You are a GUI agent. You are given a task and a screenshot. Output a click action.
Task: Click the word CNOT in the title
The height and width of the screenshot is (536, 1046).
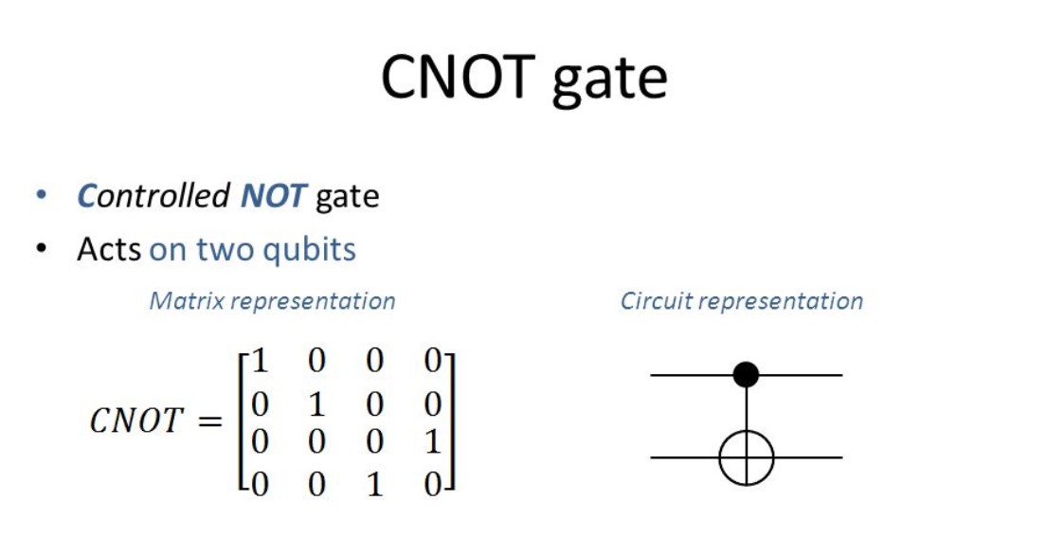pos(456,79)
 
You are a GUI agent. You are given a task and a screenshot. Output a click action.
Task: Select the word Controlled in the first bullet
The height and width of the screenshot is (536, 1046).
pos(153,196)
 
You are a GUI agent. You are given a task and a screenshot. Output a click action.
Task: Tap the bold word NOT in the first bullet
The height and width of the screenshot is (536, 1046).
pos(273,196)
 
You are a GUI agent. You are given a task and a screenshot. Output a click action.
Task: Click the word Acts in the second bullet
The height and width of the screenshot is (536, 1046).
pos(109,249)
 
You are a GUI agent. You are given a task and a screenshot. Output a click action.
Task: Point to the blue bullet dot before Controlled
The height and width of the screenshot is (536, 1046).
pos(41,196)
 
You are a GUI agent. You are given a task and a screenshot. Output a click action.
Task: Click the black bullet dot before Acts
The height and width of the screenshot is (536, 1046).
pos(41,249)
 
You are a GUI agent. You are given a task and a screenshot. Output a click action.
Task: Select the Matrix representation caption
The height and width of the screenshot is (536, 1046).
pos(272,301)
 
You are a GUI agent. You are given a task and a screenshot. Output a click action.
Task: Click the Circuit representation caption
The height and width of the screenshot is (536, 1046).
pos(741,301)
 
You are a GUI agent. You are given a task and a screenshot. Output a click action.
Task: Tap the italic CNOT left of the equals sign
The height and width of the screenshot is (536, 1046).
pos(135,420)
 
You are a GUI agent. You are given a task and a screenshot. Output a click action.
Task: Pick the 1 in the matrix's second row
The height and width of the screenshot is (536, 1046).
pos(316,404)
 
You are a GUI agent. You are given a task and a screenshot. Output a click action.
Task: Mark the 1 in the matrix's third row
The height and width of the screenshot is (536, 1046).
pos(432,444)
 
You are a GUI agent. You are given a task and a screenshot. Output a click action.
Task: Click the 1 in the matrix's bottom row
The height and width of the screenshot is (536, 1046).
pos(374,485)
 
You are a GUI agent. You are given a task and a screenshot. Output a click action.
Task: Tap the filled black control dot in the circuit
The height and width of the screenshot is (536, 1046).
pos(747,375)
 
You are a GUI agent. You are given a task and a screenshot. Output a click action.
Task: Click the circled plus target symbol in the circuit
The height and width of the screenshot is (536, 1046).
pos(747,458)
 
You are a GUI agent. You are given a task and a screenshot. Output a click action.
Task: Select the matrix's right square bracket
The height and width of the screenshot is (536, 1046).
pos(453,422)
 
